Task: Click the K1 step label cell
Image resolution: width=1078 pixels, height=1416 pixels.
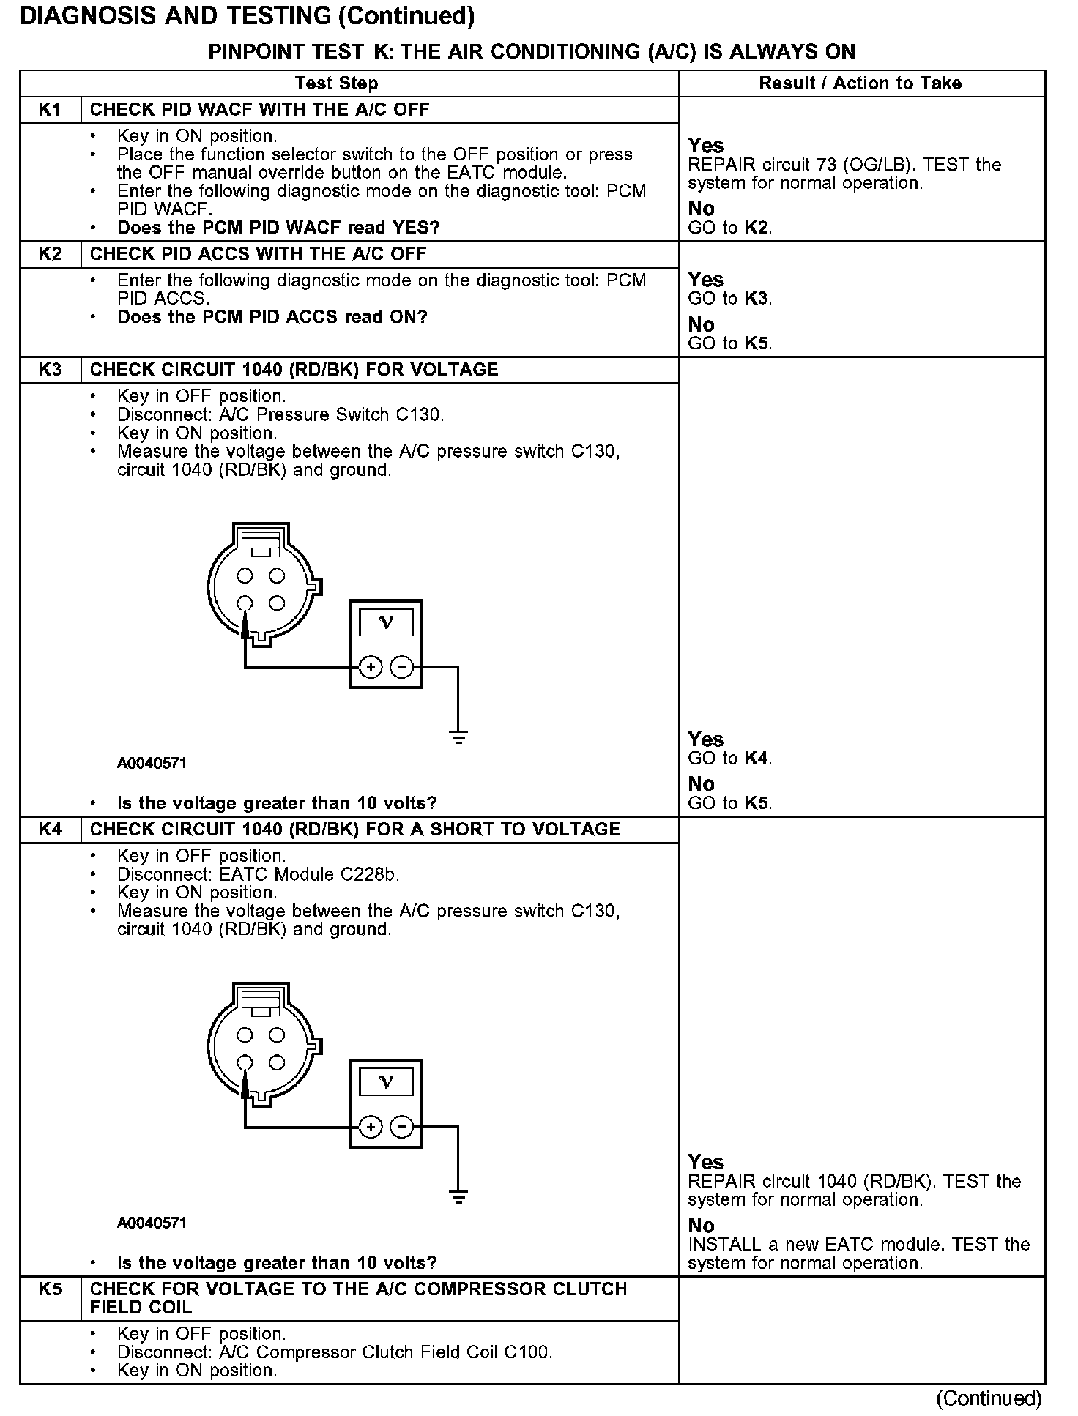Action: pyautogui.click(x=50, y=110)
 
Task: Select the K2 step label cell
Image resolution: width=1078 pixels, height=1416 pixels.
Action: pyautogui.click(x=50, y=254)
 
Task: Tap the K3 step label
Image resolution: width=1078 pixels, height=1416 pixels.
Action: pyautogui.click(x=50, y=370)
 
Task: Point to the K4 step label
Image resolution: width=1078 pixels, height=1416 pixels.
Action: pyautogui.click(x=50, y=830)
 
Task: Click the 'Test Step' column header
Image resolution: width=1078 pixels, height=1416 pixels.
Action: pyautogui.click(x=336, y=83)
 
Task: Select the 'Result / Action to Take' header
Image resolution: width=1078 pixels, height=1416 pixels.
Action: pyautogui.click(x=860, y=83)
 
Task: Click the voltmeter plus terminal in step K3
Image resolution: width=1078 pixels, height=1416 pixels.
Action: pyautogui.click(x=371, y=668)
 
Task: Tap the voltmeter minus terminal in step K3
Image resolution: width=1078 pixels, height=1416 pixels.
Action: pyautogui.click(x=401, y=668)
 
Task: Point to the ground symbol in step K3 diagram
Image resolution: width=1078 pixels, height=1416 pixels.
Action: pyautogui.click(x=458, y=737)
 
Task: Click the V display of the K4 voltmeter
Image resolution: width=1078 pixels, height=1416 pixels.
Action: pyautogui.click(x=386, y=1082)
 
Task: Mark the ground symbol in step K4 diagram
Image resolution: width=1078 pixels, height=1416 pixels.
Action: pyautogui.click(x=458, y=1197)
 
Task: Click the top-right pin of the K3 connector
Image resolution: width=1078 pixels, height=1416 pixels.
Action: pyautogui.click(x=276, y=576)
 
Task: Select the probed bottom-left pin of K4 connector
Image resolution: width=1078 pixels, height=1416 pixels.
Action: pyautogui.click(x=245, y=1063)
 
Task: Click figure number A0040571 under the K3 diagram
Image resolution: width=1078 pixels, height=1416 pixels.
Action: pyautogui.click(x=152, y=763)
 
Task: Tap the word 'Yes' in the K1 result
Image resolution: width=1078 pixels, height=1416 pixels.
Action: pyautogui.click(x=705, y=145)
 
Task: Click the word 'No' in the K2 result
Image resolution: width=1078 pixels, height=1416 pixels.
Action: pyautogui.click(x=701, y=324)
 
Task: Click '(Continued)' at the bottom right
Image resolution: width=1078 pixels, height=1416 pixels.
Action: pyautogui.click(x=988, y=1398)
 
